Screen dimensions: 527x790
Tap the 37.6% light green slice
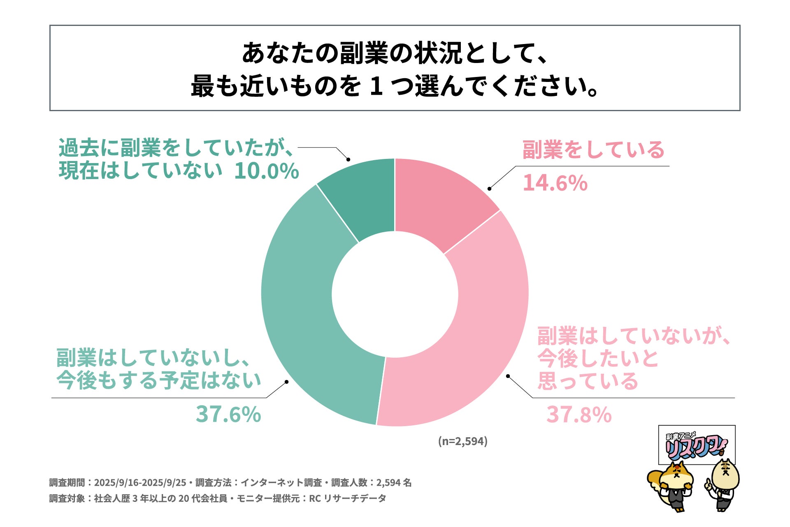304,321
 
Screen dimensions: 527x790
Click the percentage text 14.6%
555,183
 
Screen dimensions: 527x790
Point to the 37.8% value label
579,414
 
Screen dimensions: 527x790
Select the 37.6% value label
228,414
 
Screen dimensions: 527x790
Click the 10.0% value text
266,171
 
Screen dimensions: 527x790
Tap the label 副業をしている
593,149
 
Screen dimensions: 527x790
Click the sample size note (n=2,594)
462,441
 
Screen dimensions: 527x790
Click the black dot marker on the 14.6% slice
489,189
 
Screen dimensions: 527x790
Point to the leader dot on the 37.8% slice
508,376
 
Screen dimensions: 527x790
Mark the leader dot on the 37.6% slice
287,382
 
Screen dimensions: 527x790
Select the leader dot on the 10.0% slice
348,159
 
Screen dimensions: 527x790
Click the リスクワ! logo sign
697,445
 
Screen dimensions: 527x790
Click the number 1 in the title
376,86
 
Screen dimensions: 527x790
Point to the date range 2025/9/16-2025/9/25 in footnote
140,483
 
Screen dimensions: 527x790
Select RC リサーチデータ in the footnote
347,498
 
